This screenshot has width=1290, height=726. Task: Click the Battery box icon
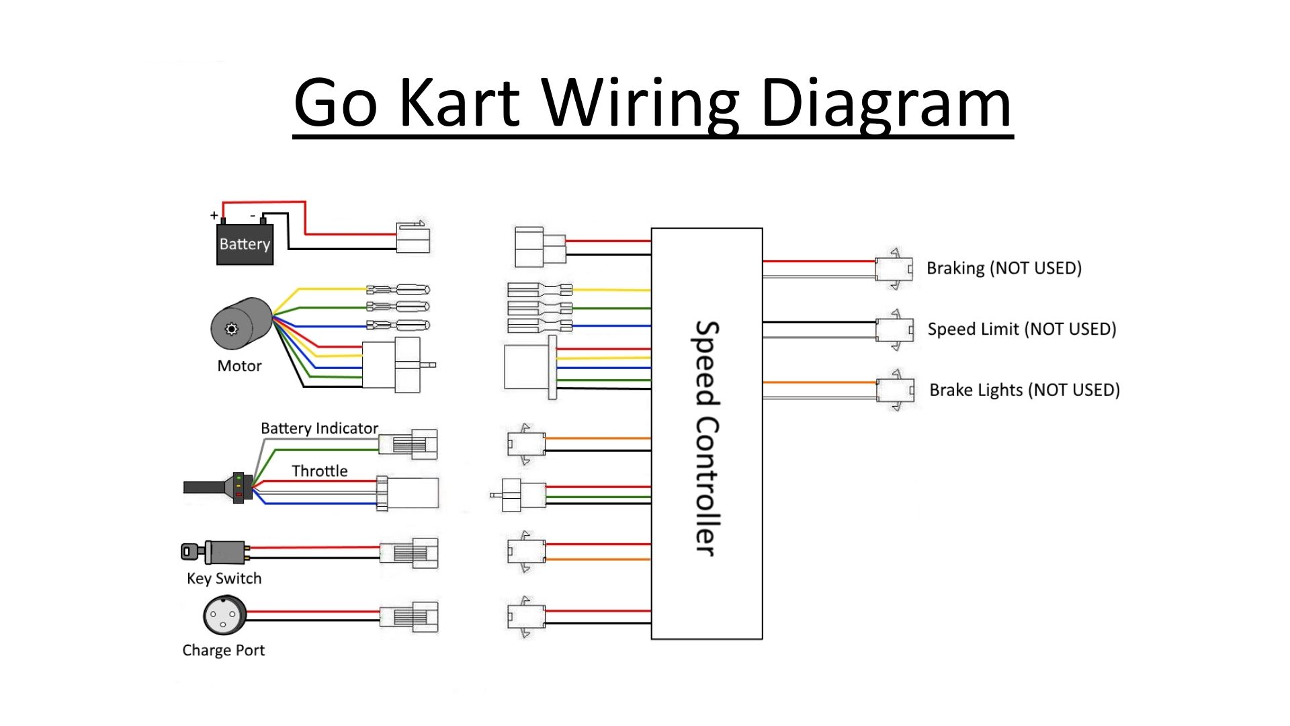245,243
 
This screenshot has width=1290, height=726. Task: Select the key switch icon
214,552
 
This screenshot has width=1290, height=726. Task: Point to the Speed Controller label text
707,438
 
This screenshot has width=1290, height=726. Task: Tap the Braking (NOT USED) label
1004,268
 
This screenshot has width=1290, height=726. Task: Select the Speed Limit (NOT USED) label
1021,329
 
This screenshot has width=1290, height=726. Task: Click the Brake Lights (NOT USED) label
1024,390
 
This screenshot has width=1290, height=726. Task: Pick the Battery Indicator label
319,428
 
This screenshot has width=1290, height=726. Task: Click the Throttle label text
319,471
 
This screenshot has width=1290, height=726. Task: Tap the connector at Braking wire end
894,269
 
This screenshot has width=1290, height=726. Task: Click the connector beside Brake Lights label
896,390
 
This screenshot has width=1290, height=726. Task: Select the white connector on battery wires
413,238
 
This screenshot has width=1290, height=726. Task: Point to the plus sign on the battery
214,215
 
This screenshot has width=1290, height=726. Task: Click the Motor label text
239,366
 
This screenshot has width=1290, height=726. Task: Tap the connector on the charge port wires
409,616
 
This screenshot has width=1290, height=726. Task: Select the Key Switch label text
224,578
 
